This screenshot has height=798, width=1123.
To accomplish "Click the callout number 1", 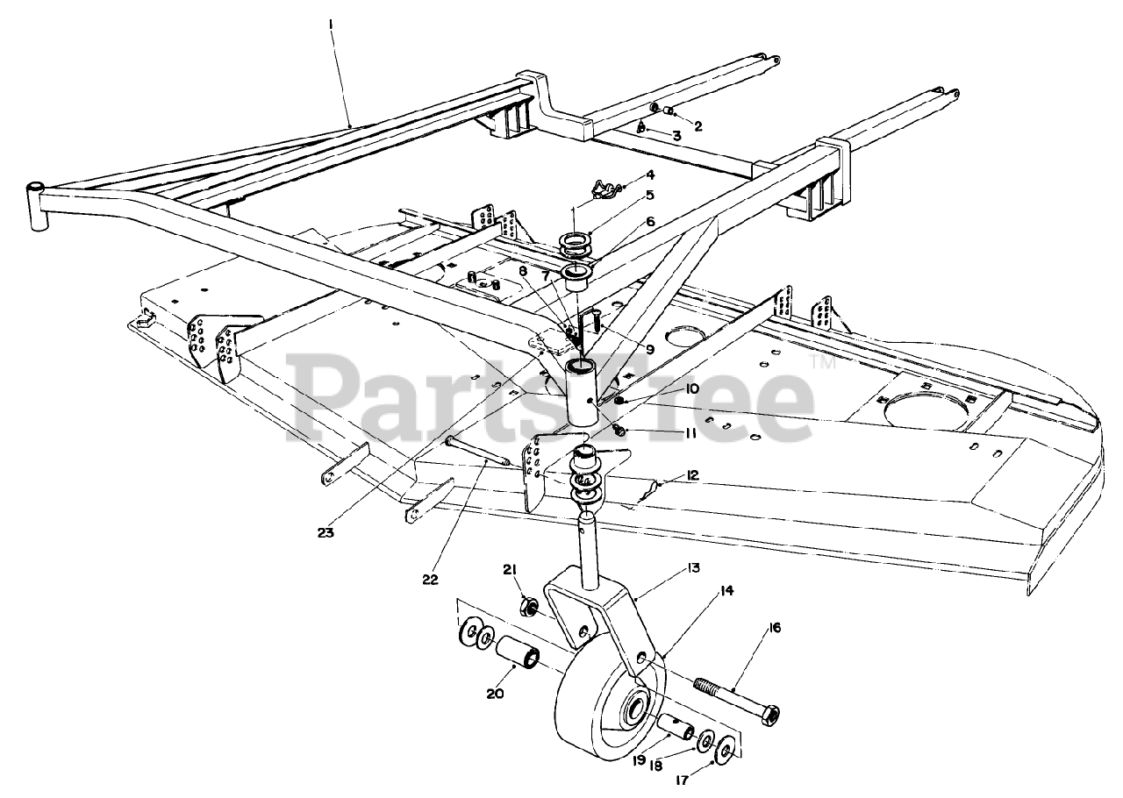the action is point(330,25).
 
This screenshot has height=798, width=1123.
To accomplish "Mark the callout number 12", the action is point(692,475).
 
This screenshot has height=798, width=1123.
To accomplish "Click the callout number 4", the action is point(650,175).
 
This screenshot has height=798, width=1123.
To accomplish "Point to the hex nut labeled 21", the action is point(529,606).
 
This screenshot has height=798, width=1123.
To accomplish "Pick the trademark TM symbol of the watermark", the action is point(822,360).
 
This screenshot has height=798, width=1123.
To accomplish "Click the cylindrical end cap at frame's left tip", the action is point(37,207).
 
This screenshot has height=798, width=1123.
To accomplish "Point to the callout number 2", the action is point(698,125).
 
